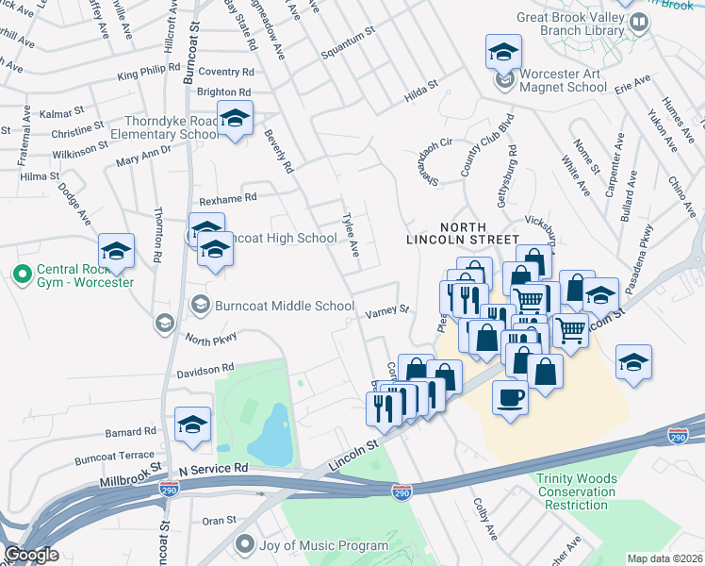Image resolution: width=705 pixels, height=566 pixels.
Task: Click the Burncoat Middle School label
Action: point(271,305)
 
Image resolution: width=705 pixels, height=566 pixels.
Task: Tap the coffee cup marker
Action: point(510,397)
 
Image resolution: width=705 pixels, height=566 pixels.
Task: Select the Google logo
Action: point(31,555)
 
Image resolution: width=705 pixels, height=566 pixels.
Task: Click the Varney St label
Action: point(387,309)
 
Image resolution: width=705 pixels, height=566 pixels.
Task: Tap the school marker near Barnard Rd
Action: point(192,424)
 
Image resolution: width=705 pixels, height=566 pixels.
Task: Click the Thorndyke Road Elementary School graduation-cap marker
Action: point(234,119)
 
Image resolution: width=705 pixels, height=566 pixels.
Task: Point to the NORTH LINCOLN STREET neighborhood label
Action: point(463,233)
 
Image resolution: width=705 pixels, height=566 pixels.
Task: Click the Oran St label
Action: point(219,520)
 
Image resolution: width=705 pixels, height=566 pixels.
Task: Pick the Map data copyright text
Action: point(664,558)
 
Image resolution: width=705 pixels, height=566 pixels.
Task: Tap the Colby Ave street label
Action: point(485,520)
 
